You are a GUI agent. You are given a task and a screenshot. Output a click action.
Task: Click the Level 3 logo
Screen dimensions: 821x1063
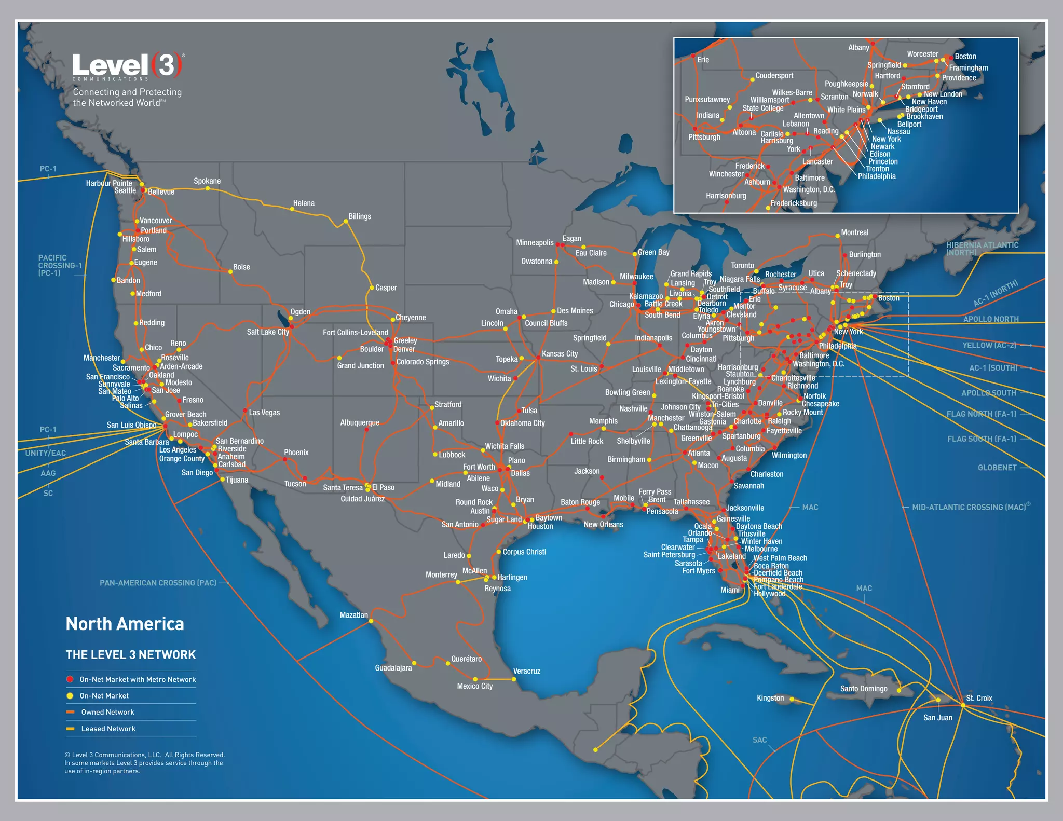[127, 66]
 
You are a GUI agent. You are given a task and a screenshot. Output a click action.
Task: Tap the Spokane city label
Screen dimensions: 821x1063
[207, 181]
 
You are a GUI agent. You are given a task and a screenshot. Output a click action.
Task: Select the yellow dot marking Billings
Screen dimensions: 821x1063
[346, 222]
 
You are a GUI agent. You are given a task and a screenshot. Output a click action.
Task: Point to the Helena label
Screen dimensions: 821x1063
[304, 203]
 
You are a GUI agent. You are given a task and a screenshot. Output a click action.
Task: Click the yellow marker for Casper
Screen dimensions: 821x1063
[372, 288]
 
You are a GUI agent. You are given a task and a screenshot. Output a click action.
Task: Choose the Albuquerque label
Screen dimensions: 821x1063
[360, 423]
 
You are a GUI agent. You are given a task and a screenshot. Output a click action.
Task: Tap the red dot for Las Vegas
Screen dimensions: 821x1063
[245, 411]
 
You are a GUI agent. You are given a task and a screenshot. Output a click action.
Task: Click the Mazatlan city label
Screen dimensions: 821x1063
[353, 615]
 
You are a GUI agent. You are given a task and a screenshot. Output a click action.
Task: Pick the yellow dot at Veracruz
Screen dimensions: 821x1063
[514, 679]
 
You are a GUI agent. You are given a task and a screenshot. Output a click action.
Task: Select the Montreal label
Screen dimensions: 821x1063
[854, 232]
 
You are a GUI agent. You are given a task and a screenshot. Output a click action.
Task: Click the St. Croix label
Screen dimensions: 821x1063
[979, 698]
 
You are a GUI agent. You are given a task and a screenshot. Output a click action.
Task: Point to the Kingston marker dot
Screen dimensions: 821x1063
[792, 699]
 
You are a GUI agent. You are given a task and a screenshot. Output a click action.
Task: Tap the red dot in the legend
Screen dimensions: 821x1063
[70, 679]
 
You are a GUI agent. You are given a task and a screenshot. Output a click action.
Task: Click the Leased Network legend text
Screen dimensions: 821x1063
[108, 729]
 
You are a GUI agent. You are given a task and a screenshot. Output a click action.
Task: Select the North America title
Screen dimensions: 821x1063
[125, 624]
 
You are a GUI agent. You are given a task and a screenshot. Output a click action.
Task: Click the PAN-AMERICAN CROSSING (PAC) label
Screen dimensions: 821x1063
[158, 583]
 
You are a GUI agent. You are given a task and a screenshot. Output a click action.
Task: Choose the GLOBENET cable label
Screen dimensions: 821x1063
[997, 468]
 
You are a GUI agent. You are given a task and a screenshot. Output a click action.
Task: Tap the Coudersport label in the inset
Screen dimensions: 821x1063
[774, 76]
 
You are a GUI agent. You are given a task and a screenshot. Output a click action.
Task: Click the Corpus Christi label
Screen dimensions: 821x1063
[524, 552]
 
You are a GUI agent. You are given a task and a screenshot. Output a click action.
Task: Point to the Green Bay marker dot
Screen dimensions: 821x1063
[634, 254]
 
